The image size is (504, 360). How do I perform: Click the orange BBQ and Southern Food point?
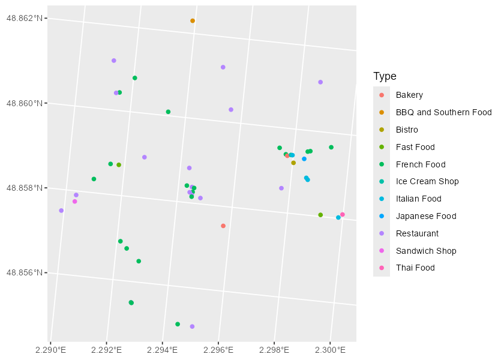point(193,21)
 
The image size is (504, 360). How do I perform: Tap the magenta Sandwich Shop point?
point(74,202)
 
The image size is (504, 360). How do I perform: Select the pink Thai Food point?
point(343,215)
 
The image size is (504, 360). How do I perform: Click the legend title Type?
point(385,76)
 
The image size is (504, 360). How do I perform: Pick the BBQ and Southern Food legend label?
point(443,112)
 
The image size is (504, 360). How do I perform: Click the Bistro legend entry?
point(407,130)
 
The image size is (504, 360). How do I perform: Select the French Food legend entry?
point(421,164)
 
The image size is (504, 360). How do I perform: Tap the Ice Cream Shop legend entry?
point(427,181)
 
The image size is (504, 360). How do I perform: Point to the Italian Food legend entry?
point(418,199)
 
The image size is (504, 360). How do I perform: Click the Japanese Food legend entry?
point(426,216)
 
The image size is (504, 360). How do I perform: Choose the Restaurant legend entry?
point(417,233)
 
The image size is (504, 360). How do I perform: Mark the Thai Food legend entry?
point(415,268)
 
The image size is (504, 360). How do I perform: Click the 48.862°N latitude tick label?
point(25,18)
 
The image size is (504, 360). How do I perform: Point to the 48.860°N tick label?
point(25,103)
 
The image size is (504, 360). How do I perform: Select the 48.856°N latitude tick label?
point(25,273)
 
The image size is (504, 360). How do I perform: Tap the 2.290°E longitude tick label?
point(50,349)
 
